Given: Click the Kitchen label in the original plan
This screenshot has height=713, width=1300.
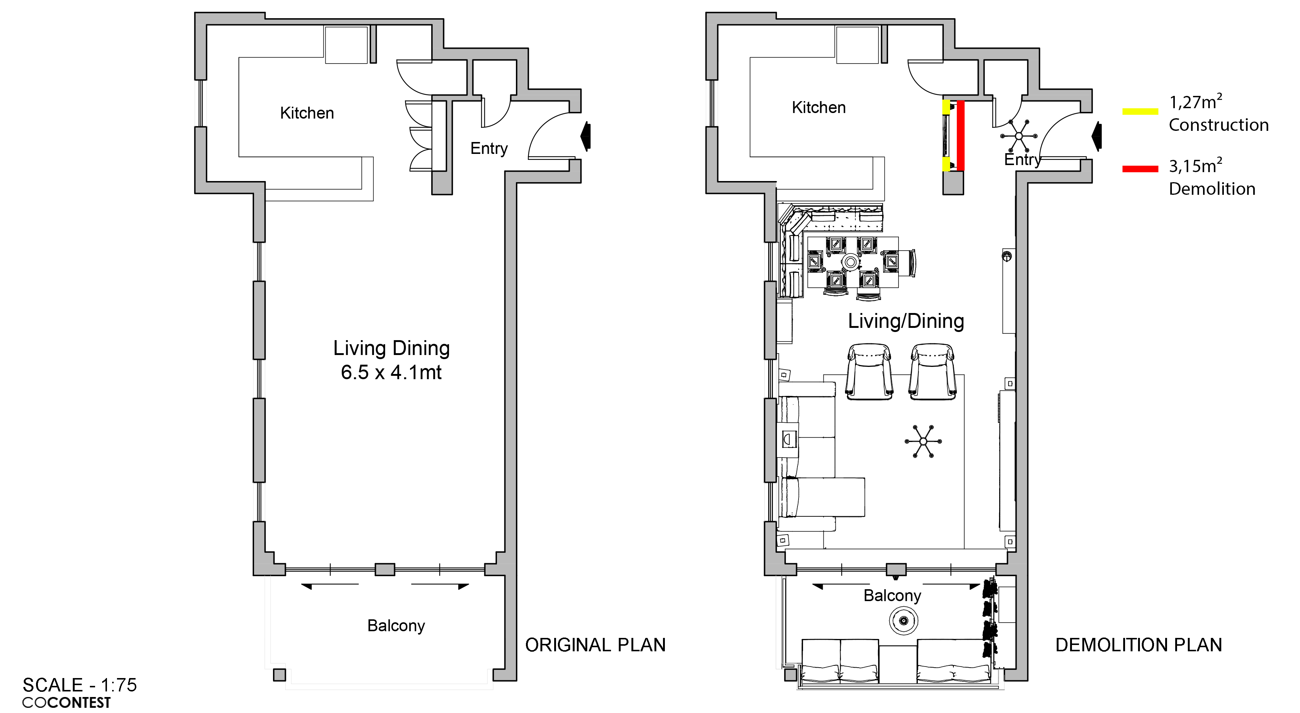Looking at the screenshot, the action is pyautogui.click(x=307, y=113).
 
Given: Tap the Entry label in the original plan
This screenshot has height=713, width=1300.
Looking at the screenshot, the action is pyautogui.click(x=488, y=148).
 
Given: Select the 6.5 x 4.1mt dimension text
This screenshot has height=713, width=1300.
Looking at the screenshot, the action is pyautogui.click(x=391, y=372).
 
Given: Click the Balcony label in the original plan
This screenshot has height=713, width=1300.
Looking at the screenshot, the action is pyautogui.click(x=396, y=626).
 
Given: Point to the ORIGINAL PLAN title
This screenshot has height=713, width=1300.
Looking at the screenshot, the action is pyautogui.click(x=595, y=645).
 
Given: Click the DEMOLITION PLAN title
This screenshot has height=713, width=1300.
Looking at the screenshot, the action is pyautogui.click(x=1138, y=645).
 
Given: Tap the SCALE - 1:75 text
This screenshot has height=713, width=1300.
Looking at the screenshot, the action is pyautogui.click(x=80, y=685).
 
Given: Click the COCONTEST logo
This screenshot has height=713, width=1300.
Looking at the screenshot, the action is pyautogui.click(x=66, y=702).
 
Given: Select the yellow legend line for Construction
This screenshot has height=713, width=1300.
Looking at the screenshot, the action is pyautogui.click(x=1140, y=112).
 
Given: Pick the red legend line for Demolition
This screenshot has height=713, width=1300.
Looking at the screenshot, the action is pyautogui.click(x=1140, y=169).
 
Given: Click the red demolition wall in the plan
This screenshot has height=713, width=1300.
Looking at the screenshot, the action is pyautogui.click(x=961, y=136).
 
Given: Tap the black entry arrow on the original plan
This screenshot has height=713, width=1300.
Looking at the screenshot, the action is pyautogui.click(x=585, y=136).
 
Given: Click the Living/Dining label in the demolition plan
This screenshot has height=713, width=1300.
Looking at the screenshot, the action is pyautogui.click(x=906, y=321).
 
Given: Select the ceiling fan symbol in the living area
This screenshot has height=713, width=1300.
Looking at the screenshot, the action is pyautogui.click(x=923, y=441).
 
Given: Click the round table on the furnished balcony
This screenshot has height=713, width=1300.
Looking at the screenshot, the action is pyautogui.click(x=903, y=620).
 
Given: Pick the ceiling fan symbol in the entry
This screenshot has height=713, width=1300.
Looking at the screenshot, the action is pyautogui.click(x=1018, y=136).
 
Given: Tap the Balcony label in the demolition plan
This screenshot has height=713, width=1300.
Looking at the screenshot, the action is pyautogui.click(x=892, y=596).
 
